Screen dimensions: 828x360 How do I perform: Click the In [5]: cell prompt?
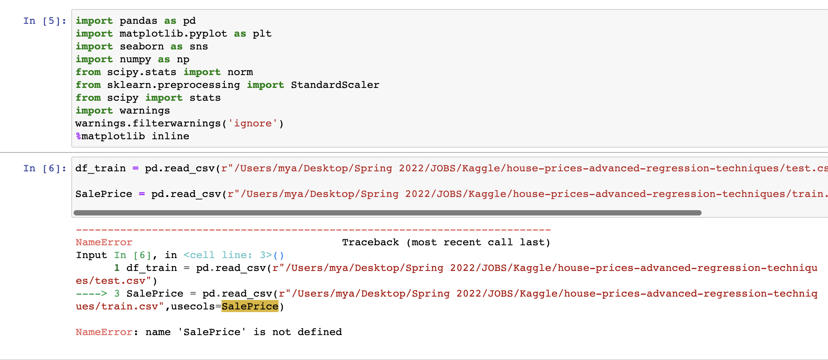tap(45, 21)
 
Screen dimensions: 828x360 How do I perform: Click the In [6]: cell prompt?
tap(45, 168)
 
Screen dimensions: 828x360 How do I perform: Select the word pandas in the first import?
tap(138, 21)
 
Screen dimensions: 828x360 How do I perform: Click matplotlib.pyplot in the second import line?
tap(173, 34)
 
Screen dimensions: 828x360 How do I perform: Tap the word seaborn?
tap(142, 46)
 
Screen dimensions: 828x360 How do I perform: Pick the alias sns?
tap(199, 46)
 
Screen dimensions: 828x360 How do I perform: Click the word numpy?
tap(135, 59)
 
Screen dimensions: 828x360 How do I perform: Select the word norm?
tap(240, 72)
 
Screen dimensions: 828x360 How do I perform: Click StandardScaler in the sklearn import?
tap(335, 85)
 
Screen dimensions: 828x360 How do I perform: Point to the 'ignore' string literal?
tap(252, 123)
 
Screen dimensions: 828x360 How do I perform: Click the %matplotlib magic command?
tap(110, 136)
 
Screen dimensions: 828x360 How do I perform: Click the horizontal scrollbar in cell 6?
tap(387, 213)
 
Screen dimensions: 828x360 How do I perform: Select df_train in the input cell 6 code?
tap(100, 168)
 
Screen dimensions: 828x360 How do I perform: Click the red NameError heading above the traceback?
tap(104, 242)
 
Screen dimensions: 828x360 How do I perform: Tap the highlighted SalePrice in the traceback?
tap(250, 306)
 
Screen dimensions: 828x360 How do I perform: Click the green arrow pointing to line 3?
tap(91, 294)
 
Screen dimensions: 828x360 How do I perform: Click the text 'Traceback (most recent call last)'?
tap(446, 242)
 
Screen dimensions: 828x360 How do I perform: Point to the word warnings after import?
tap(145, 111)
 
